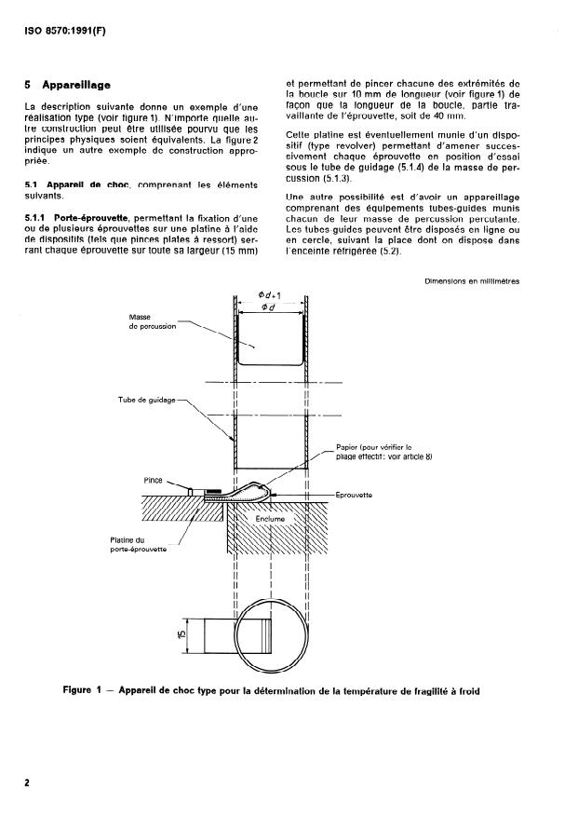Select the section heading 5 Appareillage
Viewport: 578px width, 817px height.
[x=69, y=85]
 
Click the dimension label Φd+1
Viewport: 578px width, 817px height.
[x=270, y=295]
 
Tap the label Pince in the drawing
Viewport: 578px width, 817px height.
[x=153, y=481]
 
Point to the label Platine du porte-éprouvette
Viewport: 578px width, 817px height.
[x=134, y=544]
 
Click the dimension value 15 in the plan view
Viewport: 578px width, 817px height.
[x=182, y=635]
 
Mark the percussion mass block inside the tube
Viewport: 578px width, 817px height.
[x=270, y=340]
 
